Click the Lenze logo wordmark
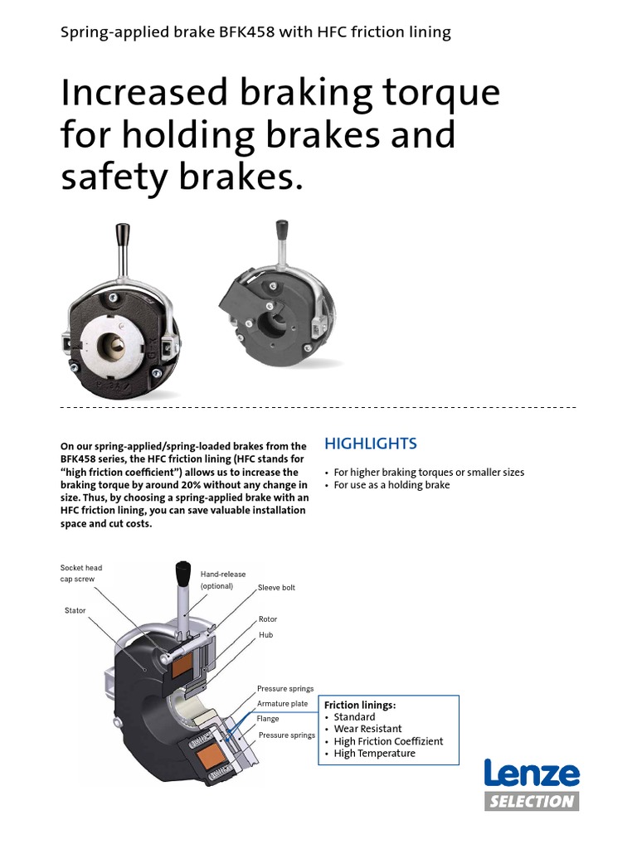[x=532, y=774]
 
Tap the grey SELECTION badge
[x=532, y=801]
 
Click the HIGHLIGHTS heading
[x=370, y=444]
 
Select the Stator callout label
[x=75, y=610]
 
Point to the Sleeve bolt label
[x=276, y=587]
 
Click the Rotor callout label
[x=268, y=619]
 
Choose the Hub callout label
[x=265, y=634]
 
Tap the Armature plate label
[x=282, y=703]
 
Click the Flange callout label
[x=268, y=719]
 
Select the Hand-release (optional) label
[x=223, y=580]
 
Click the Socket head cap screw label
[x=81, y=573]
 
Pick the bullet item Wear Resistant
[x=367, y=729]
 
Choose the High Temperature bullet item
[x=374, y=754]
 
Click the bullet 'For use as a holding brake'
[x=391, y=485]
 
